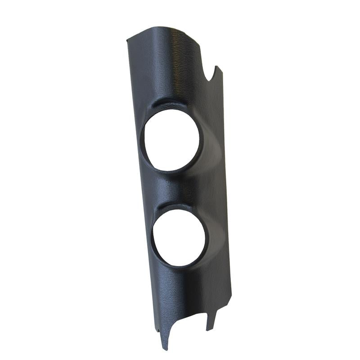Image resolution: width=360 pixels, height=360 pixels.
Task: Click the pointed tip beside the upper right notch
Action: [x=217, y=67]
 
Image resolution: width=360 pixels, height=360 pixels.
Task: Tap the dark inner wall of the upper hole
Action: [x=145, y=144]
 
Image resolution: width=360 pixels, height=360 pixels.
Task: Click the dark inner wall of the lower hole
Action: [x=154, y=243]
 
